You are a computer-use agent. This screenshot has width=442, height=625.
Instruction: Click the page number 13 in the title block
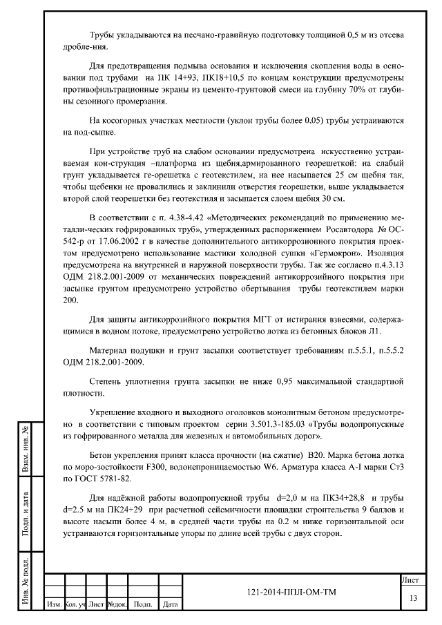413,597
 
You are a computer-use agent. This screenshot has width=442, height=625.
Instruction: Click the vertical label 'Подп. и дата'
26,512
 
